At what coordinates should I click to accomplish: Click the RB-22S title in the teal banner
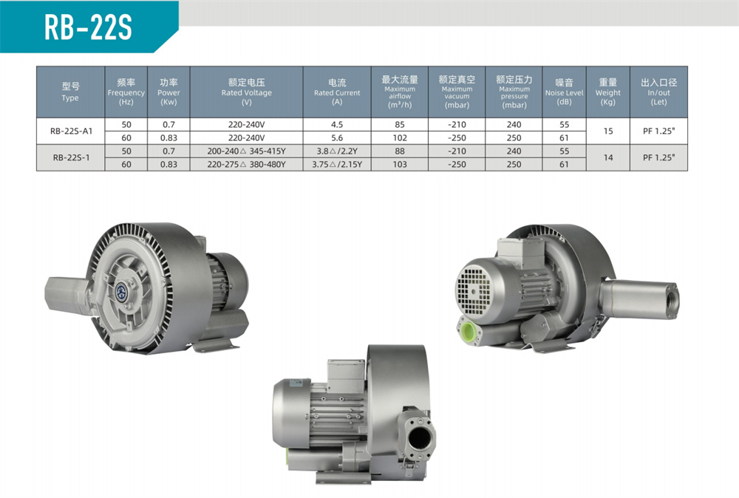pos(88,27)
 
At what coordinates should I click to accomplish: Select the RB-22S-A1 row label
pos(71,131)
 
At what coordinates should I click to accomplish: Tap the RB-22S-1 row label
pos(71,157)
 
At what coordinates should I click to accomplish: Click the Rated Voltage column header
pos(247,92)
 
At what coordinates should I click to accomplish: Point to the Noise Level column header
pos(564,92)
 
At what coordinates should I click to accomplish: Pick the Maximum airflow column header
pos(400,92)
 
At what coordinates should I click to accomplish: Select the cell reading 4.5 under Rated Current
pos(337,124)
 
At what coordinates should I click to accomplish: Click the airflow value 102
pos(400,137)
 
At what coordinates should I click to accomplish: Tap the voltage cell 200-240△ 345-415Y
pos(247,151)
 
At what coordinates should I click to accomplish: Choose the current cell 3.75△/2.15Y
pos(337,165)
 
